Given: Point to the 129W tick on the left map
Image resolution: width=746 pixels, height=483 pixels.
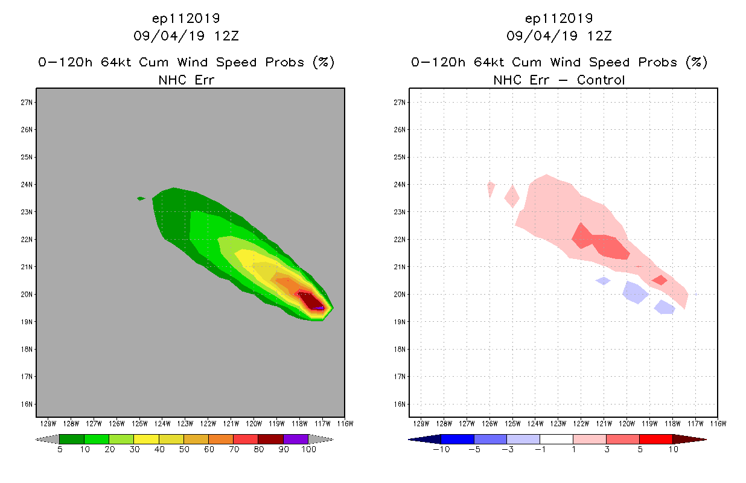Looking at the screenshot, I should click(x=48, y=423).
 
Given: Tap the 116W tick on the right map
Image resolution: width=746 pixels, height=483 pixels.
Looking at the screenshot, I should click(x=718, y=423).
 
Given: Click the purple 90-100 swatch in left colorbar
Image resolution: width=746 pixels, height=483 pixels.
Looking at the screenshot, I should click(x=296, y=439).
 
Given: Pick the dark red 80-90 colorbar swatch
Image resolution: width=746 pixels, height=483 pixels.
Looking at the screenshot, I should click(x=271, y=439).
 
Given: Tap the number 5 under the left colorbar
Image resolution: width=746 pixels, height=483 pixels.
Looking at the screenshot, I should click(x=60, y=449).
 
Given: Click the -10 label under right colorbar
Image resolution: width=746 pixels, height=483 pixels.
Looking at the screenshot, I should click(x=441, y=449).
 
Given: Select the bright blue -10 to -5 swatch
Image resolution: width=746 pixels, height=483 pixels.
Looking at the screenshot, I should click(x=457, y=439).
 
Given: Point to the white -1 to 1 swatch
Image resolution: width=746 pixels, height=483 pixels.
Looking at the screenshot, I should click(x=556, y=439).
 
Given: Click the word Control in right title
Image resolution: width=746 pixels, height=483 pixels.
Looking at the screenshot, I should click(x=601, y=80).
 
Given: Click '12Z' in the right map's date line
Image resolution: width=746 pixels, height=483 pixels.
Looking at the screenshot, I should click(x=599, y=36).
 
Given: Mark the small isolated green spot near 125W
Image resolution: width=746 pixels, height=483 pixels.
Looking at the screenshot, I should click(x=141, y=198).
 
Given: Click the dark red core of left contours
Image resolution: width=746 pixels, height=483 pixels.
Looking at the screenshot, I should click(x=311, y=300).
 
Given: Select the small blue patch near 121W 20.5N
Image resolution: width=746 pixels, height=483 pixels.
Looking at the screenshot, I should click(x=603, y=281).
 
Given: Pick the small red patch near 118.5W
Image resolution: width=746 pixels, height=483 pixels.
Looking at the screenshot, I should click(x=659, y=280).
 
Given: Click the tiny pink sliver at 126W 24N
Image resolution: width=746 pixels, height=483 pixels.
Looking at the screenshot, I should click(x=491, y=188).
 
